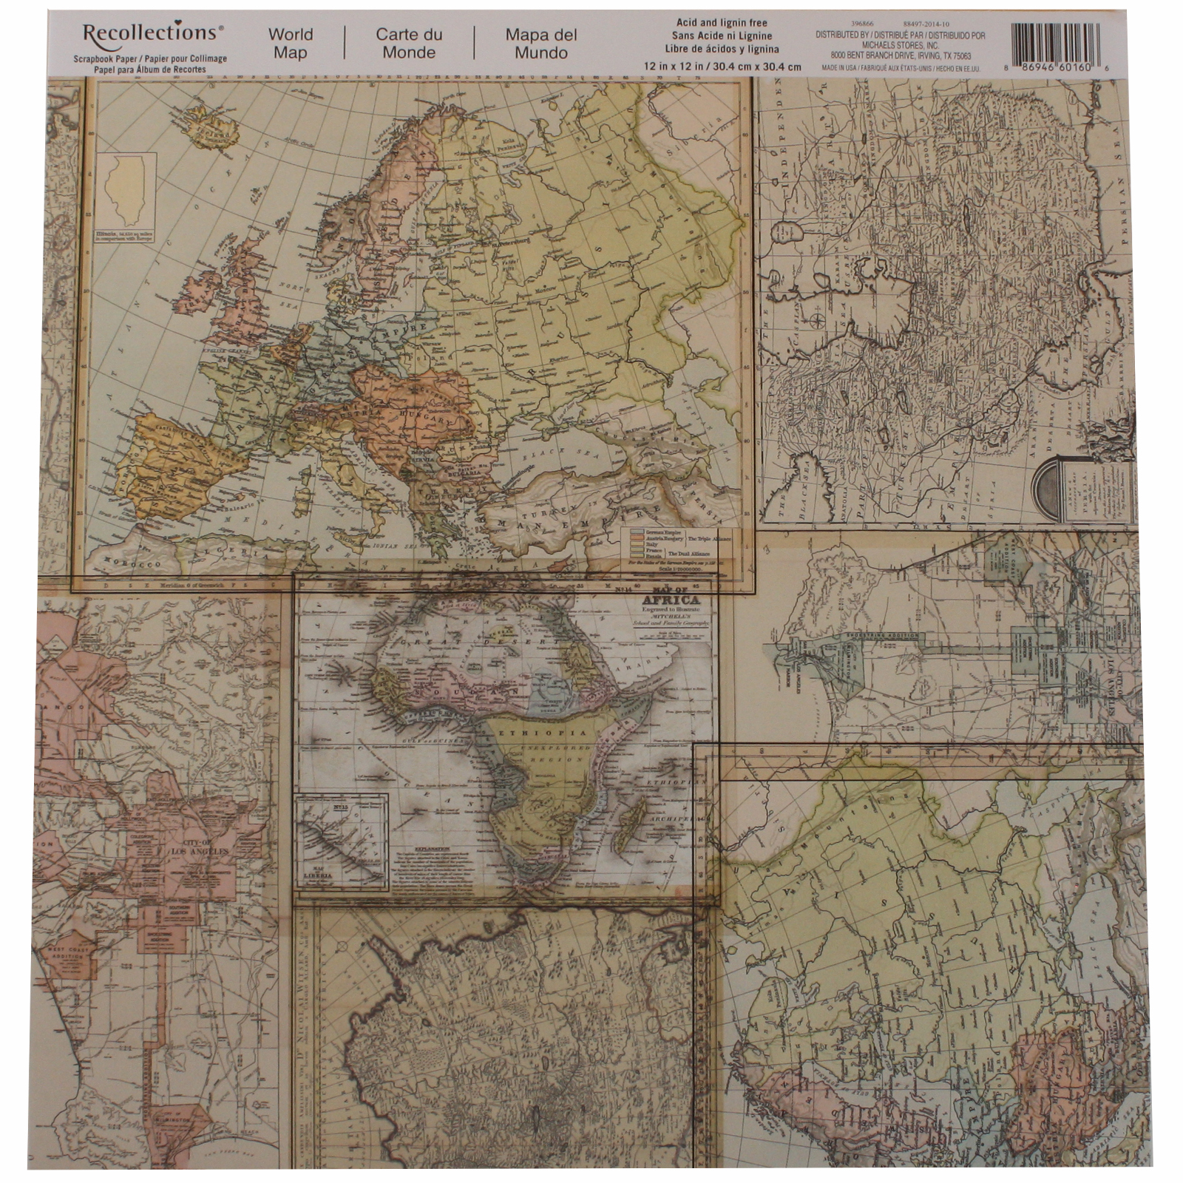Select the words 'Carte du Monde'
click(409, 44)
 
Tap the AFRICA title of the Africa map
click(672, 600)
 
